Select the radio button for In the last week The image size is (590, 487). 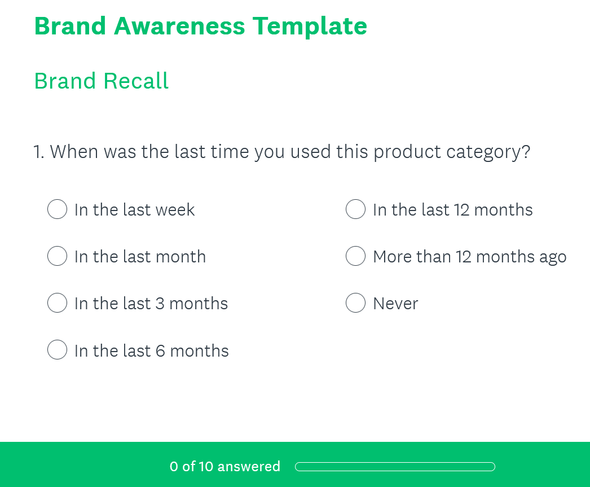(58, 209)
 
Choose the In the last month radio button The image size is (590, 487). (58, 256)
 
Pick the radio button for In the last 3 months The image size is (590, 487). (58, 303)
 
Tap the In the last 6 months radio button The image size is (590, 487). (58, 350)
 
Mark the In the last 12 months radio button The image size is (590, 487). (355, 209)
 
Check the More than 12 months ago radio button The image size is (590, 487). (355, 256)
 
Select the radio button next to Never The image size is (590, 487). (355, 303)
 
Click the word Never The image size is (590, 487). (395, 304)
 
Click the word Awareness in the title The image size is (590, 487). (179, 26)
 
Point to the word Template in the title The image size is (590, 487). (310, 26)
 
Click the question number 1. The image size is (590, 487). (38, 152)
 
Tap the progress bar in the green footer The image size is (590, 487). (395, 467)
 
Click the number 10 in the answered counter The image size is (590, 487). (206, 467)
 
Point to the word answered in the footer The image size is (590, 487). (249, 467)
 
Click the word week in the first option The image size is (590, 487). (175, 210)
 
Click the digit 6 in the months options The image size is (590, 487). (160, 351)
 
